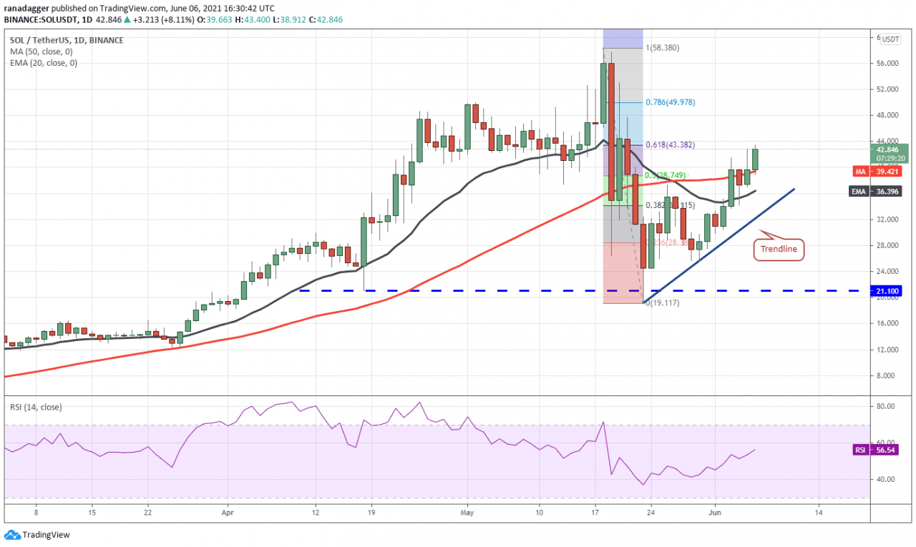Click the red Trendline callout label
coord(779,250)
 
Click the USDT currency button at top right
coord(890,39)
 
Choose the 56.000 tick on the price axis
coord(887,64)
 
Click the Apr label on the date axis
coord(228,512)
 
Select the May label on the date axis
coord(467,512)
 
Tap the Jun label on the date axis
coord(714,512)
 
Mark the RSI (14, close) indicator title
coord(36,408)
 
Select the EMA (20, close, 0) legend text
coord(44,63)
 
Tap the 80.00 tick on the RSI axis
coord(885,406)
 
